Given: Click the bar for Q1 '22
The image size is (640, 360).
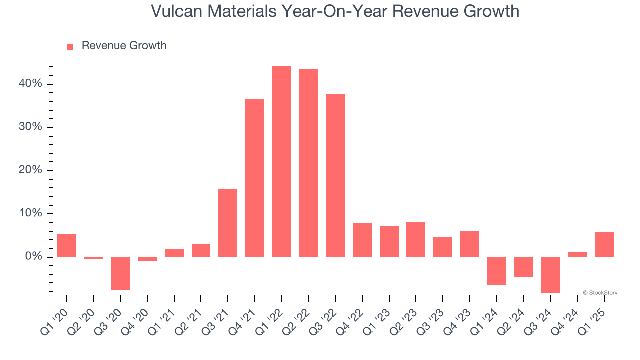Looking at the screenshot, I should coord(282,162).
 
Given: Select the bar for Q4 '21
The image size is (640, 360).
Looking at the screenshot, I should coord(255,178).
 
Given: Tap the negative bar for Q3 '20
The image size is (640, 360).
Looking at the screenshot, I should coord(120,273).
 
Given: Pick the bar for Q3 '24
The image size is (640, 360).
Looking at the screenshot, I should coord(550,275).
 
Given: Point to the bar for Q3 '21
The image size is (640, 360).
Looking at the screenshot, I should coord(228,223).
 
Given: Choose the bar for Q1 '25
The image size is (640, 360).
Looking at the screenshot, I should coord(604,245).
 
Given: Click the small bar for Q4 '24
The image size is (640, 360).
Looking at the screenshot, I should coord(577,255).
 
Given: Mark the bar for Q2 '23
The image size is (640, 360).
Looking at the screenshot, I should coord(416,239).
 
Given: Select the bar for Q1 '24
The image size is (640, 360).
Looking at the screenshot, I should coord(497,271).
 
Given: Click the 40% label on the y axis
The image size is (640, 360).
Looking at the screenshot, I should coord(30,84).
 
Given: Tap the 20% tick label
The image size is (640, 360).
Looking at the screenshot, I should coord(30,170).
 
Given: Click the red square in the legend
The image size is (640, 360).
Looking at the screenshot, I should coord(70,46).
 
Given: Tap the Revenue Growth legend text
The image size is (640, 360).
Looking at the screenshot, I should coord(124,46).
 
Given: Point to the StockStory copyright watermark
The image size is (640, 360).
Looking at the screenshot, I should coord(600,293).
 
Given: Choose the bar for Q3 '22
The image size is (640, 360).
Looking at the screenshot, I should coord(335,176).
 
